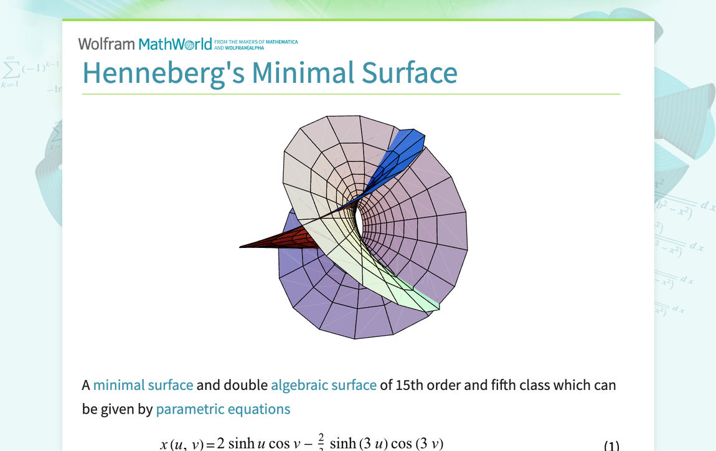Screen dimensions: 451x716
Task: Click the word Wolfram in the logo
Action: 106,44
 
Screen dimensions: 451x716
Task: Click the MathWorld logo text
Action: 175,44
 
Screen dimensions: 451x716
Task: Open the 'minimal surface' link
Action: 143,385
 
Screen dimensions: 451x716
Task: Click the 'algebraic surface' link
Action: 324,385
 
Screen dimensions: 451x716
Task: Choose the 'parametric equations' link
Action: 223,409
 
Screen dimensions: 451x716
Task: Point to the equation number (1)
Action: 611,445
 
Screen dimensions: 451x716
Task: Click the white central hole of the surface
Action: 358,219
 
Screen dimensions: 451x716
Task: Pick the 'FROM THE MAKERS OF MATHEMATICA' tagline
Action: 256,42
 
